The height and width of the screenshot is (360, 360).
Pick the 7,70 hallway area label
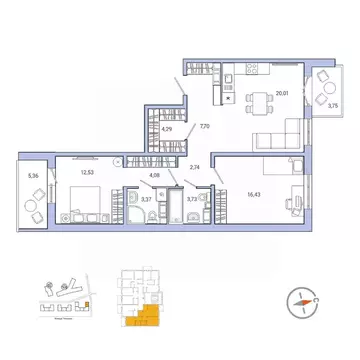[x=205, y=127]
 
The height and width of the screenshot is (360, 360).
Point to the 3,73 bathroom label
[x=192, y=200]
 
